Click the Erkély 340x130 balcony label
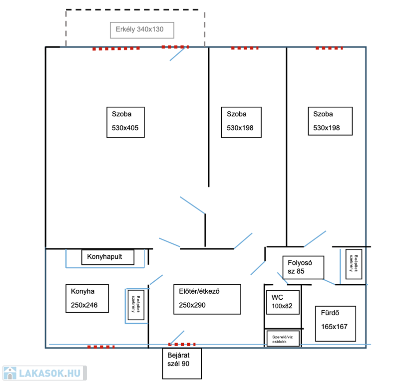(142, 30)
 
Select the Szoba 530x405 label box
(125, 122)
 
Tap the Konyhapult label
(108, 257)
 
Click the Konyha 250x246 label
(87, 298)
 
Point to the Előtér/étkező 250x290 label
(207, 299)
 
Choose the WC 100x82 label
(282, 302)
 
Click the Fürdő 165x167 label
(335, 324)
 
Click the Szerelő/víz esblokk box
(283, 338)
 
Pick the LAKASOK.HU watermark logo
(43, 373)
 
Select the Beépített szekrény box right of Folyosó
(354, 264)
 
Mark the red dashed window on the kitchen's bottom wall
(101, 347)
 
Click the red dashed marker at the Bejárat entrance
(182, 345)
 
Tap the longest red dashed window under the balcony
(116, 49)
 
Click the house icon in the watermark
(9, 373)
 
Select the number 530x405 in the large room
(125, 128)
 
